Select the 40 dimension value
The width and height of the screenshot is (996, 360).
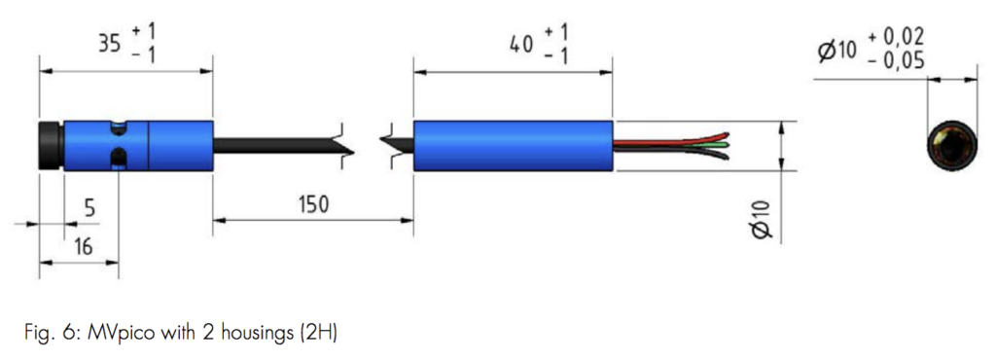521,44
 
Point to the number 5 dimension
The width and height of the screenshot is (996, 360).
89,207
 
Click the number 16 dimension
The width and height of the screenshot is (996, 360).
83,247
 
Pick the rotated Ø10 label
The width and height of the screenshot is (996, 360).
762,218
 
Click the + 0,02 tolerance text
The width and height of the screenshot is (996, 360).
896,37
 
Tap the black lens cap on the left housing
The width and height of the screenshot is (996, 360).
51,146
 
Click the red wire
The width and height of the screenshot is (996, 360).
671,138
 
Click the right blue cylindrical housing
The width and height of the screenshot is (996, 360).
513,146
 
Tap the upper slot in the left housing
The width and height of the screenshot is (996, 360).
117,127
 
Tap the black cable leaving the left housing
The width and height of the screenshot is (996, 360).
272,146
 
